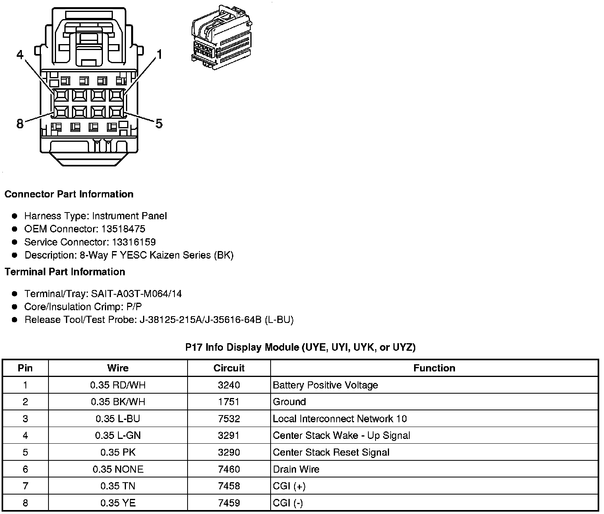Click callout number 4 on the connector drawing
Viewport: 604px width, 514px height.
click(20, 55)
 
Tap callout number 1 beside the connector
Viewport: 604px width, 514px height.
click(159, 54)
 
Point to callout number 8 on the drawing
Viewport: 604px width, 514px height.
click(20, 124)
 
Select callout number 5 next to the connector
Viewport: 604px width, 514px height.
click(159, 124)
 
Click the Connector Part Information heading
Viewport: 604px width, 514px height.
click(69, 194)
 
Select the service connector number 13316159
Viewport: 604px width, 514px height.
click(134, 242)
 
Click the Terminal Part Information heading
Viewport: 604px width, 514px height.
click(65, 272)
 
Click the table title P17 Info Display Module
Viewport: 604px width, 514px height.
click(300, 347)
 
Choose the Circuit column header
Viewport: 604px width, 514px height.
click(229, 368)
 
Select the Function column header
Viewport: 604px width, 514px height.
click(434, 368)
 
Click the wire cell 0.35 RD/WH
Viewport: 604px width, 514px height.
click(118, 385)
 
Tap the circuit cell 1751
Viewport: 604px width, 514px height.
click(229, 402)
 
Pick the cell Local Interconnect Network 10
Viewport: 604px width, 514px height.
click(340, 419)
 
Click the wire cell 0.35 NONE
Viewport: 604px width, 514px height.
click(118, 469)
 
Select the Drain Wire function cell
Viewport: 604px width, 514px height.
click(296, 469)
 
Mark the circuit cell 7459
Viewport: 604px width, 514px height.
click(229, 503)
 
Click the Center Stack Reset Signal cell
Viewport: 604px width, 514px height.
click(331, 452)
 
